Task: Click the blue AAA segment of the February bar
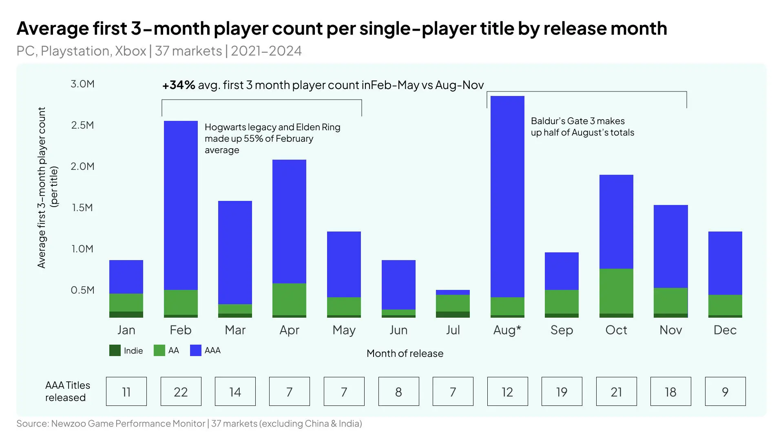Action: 181,204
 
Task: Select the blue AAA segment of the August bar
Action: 507,196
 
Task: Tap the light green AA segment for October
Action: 616,291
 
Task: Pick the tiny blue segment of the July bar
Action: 453,292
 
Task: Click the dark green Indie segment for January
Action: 126,314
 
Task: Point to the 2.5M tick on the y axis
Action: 82,125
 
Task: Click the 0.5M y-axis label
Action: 82,290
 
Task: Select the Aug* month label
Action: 507,330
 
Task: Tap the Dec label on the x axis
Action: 725,330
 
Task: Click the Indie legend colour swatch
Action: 115,350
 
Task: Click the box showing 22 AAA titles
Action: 181,392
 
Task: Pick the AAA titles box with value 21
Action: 616,392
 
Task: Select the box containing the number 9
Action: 725,392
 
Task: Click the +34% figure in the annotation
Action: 179,85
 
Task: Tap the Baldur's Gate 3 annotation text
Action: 582,127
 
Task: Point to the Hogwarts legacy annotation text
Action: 272,138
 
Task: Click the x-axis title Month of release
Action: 405,353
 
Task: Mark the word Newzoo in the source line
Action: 68,423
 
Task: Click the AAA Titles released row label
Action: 67,391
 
